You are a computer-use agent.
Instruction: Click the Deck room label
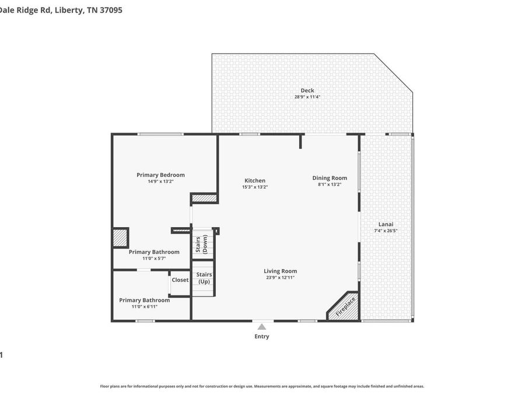(x=307, y=90)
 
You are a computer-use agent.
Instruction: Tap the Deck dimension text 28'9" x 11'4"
(x=307, y=97)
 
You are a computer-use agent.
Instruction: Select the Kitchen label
(x=254, y=181)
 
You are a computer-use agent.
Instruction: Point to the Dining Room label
(x=330, y=178)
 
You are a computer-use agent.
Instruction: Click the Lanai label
(x=386, y=224)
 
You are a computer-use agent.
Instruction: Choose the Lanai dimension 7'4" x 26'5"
(x=386, y=231)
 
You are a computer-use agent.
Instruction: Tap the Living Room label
(x=280, y=271)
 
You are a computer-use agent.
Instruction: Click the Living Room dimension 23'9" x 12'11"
(x=280, y=277)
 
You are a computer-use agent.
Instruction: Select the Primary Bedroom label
(x=160, y=175)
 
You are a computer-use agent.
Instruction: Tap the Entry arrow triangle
(x=262, y=327)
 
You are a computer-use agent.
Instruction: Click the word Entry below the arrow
(x=262, y=336)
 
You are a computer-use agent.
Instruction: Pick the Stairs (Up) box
(x=204, y=278)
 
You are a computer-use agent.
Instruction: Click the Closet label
(x=180, y=280)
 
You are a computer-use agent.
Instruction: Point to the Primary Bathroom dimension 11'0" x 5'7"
(x=154, y=258)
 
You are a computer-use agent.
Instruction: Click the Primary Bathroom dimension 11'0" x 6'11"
(x=145, y=306)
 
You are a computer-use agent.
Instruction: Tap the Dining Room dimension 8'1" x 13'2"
(x=330, y=184)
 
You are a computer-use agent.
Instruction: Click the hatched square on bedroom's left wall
(x=120, y=238)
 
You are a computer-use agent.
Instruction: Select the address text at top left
(x=61, y=10)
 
